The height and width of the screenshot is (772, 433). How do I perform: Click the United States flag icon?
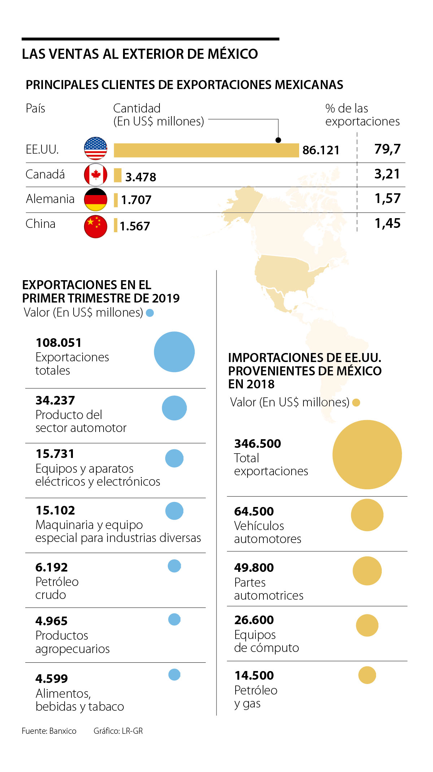click(96, 149)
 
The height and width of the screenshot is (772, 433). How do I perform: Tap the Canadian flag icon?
click(96, 175)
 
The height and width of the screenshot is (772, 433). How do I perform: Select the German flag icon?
click(96, 199)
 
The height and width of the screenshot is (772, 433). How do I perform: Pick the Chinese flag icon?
click(96, 226)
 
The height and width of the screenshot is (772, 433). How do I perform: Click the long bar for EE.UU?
click(206, 150)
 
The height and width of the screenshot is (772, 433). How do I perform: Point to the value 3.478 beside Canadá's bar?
click(141, 177)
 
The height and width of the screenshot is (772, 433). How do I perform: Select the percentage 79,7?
click(388, 149)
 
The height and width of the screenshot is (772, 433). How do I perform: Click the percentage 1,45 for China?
click(388, 224)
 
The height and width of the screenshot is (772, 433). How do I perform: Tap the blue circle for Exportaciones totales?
click(174, 352)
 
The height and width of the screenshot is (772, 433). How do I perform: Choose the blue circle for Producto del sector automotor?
click(174, 408)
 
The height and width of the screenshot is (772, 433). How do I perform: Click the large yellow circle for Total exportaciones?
click(367, 455)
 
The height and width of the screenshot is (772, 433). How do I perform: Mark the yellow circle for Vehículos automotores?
click(367, 515)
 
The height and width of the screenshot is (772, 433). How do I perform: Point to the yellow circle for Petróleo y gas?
click(367, 675)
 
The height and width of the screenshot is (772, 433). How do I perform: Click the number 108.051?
click(58, 343)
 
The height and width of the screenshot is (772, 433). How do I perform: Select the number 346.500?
click(257, 444)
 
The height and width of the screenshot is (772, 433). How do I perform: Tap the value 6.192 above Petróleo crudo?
click(52, 567)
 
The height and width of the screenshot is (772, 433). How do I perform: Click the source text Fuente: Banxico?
click(49, 731)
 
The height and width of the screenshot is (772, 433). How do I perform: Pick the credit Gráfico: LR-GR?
click(118, 731)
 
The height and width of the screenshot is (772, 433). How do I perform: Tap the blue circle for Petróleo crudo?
click(174, 566)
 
